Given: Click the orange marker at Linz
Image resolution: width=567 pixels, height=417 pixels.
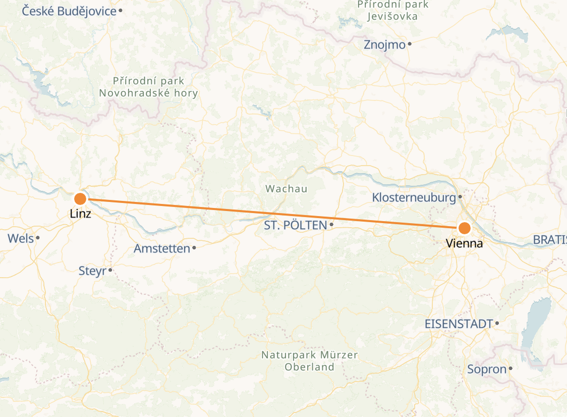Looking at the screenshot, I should [80, 198].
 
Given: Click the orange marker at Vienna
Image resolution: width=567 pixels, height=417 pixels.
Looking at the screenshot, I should [464, 228].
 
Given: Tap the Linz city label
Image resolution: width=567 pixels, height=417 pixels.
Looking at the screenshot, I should [81, 214].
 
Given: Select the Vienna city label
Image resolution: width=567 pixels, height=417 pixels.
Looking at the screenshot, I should [464, 244].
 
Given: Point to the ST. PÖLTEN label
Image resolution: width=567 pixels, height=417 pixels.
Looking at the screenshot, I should [296, 225].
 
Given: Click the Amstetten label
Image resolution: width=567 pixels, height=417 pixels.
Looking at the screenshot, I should [162, 248].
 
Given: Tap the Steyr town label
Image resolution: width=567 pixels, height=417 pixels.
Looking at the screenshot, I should [92, 271].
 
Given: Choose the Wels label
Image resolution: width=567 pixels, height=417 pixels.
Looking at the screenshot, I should [21, 238].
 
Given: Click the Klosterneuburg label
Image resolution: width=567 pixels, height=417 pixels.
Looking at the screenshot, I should [414, 197].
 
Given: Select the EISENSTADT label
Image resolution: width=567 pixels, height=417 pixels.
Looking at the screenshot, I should [459, 324].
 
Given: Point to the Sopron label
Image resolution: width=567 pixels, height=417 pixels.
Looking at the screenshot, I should [487, 369].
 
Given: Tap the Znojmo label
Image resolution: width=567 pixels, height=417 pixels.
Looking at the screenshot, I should [384, 45].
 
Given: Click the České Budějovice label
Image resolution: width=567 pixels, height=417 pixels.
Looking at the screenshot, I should [70, 11].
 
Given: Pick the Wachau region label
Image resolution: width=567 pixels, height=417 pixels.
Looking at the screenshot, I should [287, 189].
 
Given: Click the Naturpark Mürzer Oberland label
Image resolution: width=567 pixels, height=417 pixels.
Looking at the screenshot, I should [309, 361].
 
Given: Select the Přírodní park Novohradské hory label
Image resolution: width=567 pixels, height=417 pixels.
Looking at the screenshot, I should [148, 87].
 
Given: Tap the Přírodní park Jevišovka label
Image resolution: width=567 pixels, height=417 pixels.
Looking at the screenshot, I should [393, 10].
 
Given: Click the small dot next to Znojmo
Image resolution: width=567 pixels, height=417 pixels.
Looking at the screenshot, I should [410, 44].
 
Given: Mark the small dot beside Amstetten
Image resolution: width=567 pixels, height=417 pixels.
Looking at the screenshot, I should [194, 247].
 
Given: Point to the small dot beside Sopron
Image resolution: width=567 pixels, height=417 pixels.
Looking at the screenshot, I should [511, 369].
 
